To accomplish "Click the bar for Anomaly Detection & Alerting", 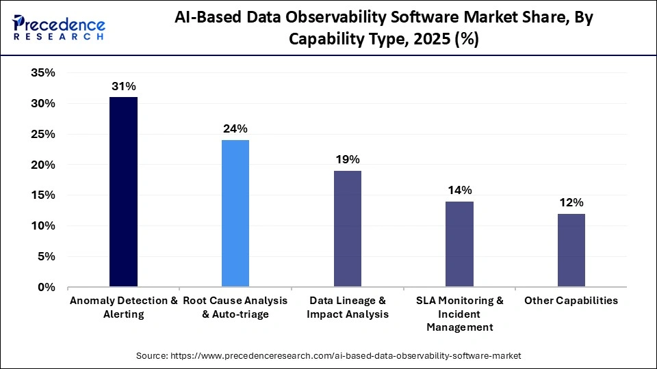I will tap(123, 192).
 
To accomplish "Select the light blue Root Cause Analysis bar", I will tap(235, 213).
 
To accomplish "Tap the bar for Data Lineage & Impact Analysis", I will tap(348, 229).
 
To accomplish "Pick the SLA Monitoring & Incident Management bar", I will tap(459, 244).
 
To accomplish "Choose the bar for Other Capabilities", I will tap(571, 250).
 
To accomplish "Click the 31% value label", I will tap(123, 87).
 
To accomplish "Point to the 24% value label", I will tap(235, 129).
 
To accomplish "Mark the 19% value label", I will tap(348, 160).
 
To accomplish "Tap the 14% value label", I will tap(459, 191).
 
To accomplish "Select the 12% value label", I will tap(571, 203).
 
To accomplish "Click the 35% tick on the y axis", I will tap(43, 73).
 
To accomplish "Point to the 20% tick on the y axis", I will tap(43, 165).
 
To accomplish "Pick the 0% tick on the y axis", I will tap(47, 287).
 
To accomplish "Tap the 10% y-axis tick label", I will tap(43, 226).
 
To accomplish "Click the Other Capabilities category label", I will tap(571, 301).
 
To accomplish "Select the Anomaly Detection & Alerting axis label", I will tap(123, 307).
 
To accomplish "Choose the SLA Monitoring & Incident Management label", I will tap(459, 314).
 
